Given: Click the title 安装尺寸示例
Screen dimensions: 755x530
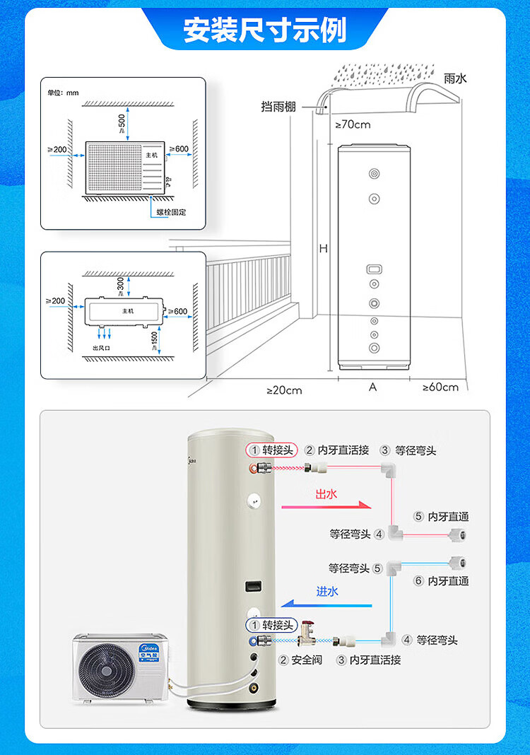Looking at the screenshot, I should pyautogui.click(x=264, y=30).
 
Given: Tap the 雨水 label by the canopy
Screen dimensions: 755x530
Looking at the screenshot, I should pyautogui.click(x=455, y=78).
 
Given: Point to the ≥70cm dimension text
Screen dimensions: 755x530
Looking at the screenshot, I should pyautogui.click(x=352, y=125).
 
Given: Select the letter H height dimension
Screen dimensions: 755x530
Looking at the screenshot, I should pyautogui.click(x=323, y=249).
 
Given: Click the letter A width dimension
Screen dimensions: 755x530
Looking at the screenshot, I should pyautogui.click(x=373, y=387).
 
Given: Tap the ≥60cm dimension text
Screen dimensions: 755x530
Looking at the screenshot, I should pyautogui.click(x=440, y=387).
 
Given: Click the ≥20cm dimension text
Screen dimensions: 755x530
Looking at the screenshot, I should pyautogui.click(x=284, y=390).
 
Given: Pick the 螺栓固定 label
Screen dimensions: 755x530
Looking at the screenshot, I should pyautogui.click(x=172, y=212).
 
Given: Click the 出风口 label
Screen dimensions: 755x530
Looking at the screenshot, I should pyautogui.click(x=104, y=349).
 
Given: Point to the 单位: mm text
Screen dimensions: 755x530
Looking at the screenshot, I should pyautogui.click(x=63, y=93).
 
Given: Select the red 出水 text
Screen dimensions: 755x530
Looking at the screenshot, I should pyautogui.click(x=326, y=494).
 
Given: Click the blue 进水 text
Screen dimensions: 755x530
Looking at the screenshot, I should pyautogui.click(x=327, y=591).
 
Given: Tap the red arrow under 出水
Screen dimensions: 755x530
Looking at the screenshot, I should pyautogui.click(x=326, y=506).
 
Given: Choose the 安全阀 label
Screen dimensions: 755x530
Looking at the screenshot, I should pyautogui.click(x=305, y=660).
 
